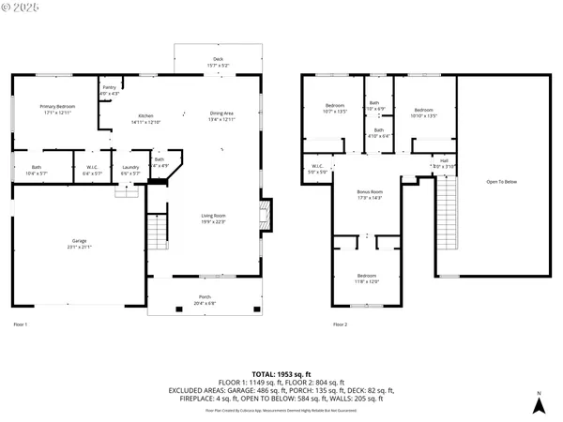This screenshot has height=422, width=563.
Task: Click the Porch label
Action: pyautogui.click(x=204, y=300)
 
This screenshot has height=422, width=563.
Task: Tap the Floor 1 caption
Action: pyautogui.click(x=20, y=324)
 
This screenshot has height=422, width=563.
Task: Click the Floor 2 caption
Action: pyautogui.click(x=340, y=324)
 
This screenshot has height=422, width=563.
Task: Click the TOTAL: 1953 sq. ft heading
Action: pyautogui.click(x=281, y=373)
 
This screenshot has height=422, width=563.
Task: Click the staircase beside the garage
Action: pyautogui.click(x=157, y=228)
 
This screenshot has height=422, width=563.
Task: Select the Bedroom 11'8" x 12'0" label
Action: pyautogui.click(x=366, y=278)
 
